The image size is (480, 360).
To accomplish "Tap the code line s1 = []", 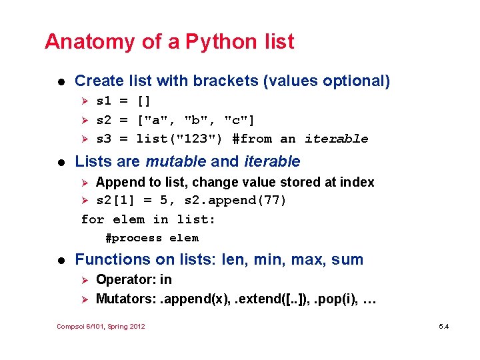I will pos(124,101).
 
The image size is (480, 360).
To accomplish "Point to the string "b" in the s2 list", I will pos(196,120).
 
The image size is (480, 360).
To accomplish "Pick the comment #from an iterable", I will pos(300,139).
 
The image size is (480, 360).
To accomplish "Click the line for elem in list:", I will pos(148,219).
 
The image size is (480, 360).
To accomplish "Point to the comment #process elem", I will pos(152,238).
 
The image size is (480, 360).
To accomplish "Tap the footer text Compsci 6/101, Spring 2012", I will pos(101,326).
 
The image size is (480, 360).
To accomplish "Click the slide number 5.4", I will pos(444,326).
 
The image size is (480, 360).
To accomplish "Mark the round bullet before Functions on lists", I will pos(61,260).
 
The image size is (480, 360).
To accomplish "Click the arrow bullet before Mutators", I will pos(85,299).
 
